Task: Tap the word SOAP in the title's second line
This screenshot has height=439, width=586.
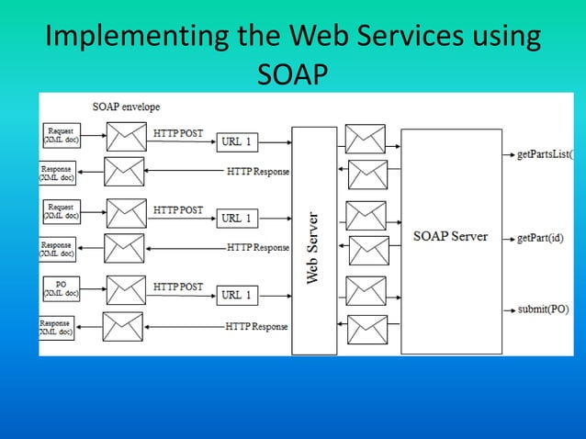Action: point(292,74)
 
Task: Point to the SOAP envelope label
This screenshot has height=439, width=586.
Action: point(126,107)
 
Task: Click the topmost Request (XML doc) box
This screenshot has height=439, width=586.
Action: point(62,136)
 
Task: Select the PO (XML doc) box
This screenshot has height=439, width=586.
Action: point(62,290)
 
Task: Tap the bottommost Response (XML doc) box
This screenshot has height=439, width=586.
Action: point(56,328)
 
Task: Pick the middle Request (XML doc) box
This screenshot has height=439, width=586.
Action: point(62,213)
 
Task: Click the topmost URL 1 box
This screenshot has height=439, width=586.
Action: point(239,141)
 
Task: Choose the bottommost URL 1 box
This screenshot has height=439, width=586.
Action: point(239,296)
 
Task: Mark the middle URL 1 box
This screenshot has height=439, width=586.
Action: point(239,219)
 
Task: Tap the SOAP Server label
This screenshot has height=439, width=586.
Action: point(450,236)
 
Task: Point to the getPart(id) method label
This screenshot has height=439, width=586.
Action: point(540,238)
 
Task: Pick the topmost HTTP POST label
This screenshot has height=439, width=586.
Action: point(178,133)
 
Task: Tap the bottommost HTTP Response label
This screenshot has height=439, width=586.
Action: point(257,327)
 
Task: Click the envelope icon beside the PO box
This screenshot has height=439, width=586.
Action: point(126,289)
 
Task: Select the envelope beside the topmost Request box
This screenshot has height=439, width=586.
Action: point(126,137)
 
